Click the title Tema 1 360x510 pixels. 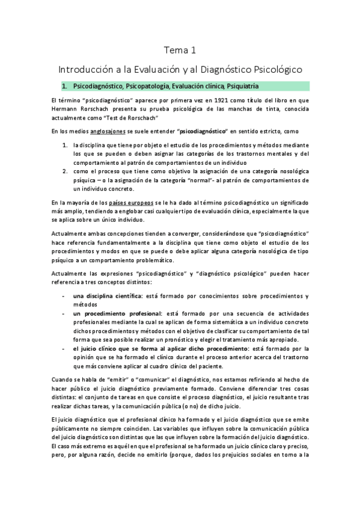180,50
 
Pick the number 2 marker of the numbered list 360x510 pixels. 65,171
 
